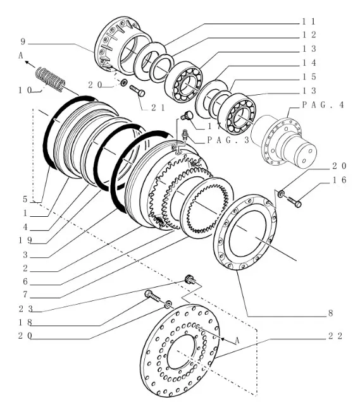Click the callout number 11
309,21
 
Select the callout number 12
309,35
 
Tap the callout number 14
309,63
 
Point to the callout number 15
309,77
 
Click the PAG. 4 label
323,105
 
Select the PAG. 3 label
228,140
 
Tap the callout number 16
339,180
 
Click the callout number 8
330,313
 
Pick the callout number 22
335,336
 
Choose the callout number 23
25,309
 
